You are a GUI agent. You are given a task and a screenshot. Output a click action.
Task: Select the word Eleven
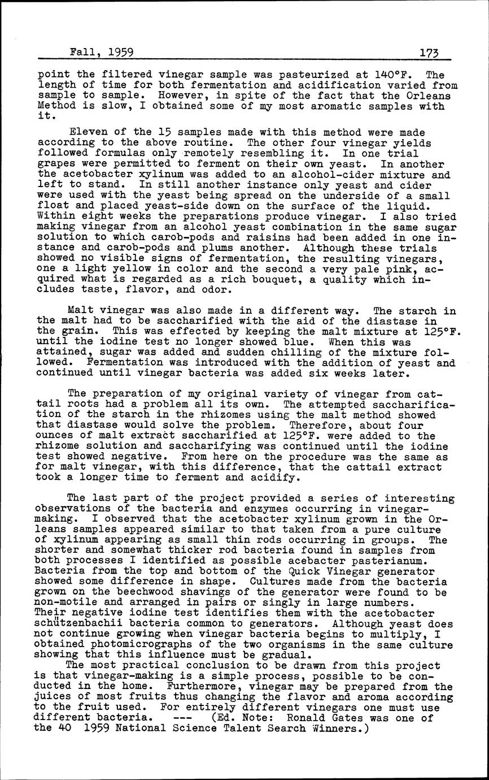tap(85, 132)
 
